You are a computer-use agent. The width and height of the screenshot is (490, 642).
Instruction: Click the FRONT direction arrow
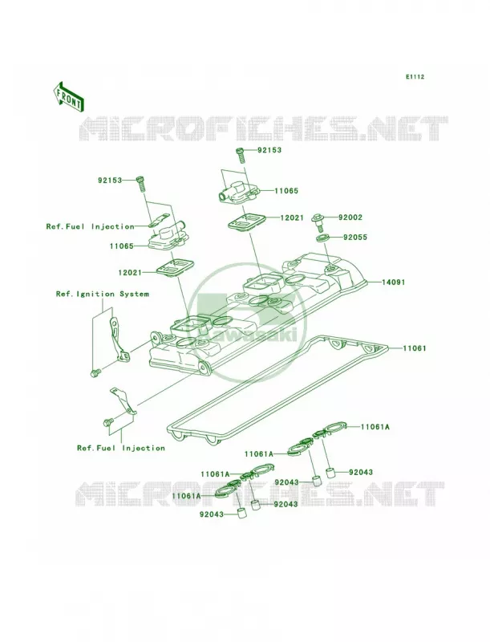pyautogui.click(x=68, y=96)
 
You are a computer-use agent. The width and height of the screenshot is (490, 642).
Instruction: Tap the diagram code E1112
pyautogui.click(x=415, y=76)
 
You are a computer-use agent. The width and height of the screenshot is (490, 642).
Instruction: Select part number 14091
pyautogui.click(x=394, y=282)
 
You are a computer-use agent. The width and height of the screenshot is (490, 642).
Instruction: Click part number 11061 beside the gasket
pyautogui.click(x=415, y=348)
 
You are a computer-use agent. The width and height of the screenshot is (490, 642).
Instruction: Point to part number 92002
pyautogui.click(x=350, y=217)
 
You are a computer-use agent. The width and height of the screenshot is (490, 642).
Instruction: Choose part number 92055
pyautogui.click(x=355, y=237)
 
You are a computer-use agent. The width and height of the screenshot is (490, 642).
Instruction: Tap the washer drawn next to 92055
pyautogui.click(x=323, y=238)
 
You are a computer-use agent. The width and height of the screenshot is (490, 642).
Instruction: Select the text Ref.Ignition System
pyautogui.click(x=103, y=294)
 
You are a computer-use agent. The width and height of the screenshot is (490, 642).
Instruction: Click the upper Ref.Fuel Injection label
pyautogui.click(x=90, y=226)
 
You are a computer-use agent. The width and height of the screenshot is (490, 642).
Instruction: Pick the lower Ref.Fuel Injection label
pyautogui.click(x=121, y=449)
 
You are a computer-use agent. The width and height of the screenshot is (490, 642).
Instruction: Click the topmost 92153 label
pyautogui.click(x=269, y=150)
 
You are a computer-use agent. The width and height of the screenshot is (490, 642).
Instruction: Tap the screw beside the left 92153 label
pyautogui.click(x=141, y=183)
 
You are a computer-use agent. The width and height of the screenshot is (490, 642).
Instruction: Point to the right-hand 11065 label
pyautogui.click(x=286, y=191)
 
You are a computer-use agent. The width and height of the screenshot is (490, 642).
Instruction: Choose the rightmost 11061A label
pyautogui.click(x=375, y=427)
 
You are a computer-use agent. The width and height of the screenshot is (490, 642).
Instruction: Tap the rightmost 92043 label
pyautogui.click(x=361, y=472)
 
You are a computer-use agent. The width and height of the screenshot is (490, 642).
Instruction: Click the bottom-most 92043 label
pyautogui.click(x=212, y=514)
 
